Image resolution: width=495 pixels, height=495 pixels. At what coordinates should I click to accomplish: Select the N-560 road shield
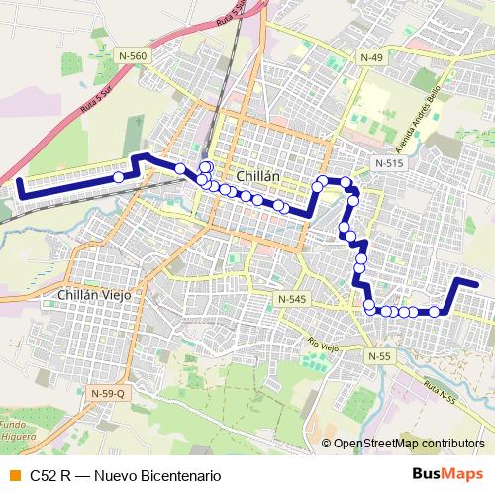pyautogui.click(x=132, y=56)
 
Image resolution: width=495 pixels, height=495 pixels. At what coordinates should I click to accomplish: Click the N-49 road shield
pyautogui.click(x=371, y=58)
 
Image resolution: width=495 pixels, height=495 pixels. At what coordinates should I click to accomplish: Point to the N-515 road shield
pyautogui.click(x=389, y=161)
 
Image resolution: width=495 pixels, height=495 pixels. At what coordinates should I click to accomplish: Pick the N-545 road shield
pyautogui.click(x=292, y=298)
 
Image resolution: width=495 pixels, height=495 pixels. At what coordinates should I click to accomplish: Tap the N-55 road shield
pyautogui.click(x=380, y=355)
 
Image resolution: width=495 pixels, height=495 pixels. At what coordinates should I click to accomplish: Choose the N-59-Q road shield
pyautogui.click(x=108, y=394)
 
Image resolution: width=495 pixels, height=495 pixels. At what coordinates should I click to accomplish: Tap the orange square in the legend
pyautogui.click(x=14, y=474)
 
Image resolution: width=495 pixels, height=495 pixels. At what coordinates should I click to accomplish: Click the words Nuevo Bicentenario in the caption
pyautogui.click(x=156, y=474)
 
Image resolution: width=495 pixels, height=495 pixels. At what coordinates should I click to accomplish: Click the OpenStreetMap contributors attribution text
pyautogui.click(x=409, y=443)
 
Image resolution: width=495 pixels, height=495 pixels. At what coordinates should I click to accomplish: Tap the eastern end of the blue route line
pyautogui.click(x=477, y=284)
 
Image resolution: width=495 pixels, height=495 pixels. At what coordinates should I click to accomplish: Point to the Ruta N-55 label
pyautogui.click(x=435, y=393)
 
